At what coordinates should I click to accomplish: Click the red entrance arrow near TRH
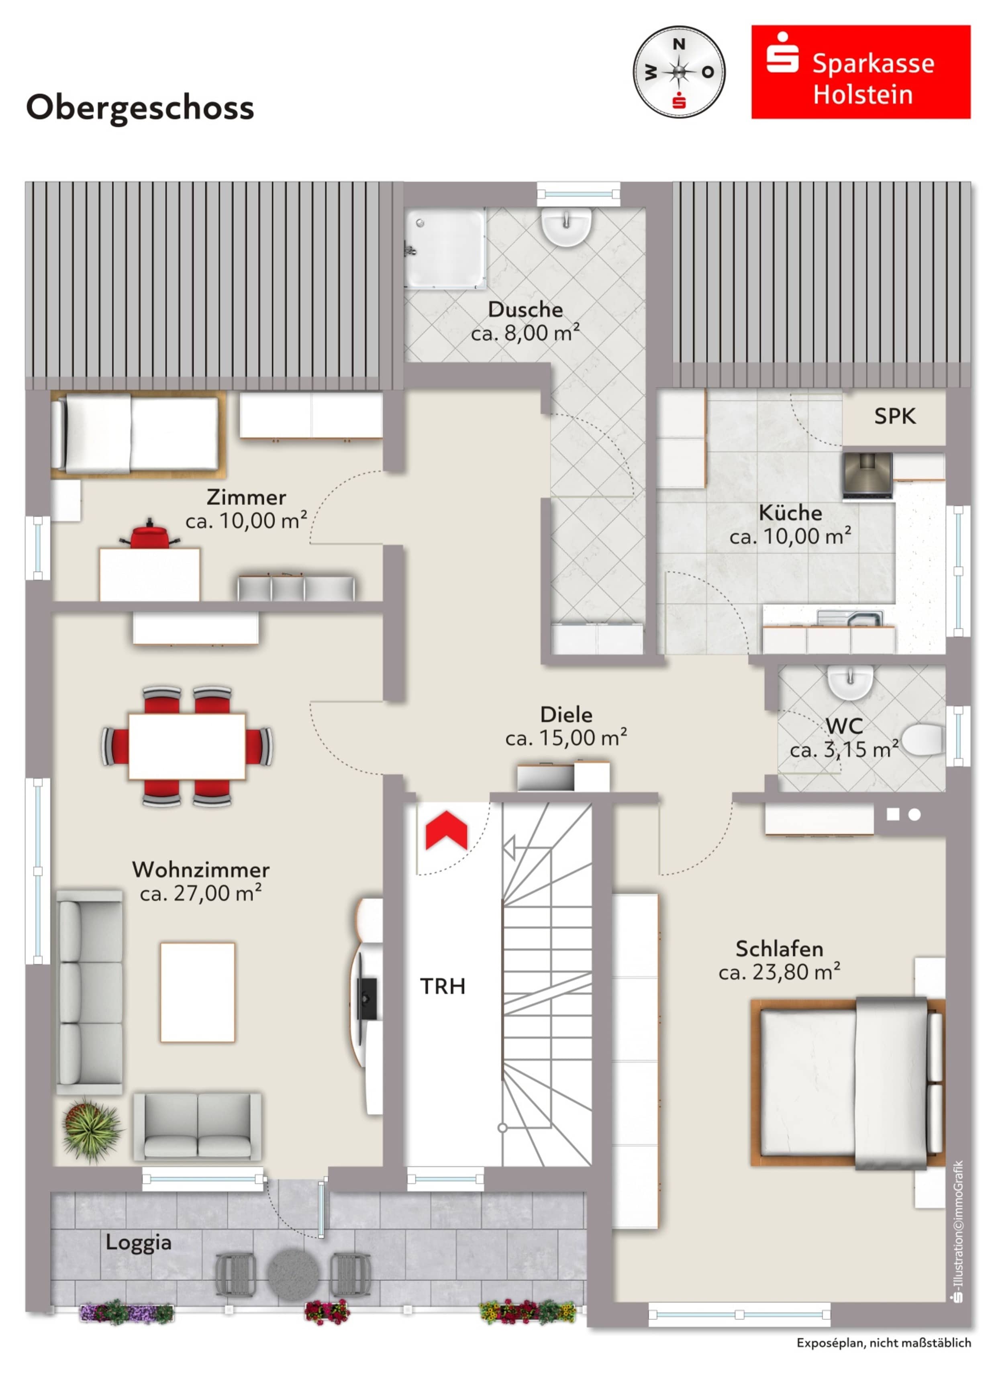446,830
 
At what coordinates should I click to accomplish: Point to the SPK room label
894,416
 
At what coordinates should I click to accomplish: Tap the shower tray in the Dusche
445,249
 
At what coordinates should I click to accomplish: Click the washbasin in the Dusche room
565,226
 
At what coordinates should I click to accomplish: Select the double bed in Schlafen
847,1083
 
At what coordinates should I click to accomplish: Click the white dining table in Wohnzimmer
187,746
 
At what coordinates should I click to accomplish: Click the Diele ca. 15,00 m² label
565,726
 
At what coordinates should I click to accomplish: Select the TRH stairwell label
443,986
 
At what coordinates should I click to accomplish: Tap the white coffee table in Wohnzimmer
197,992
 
